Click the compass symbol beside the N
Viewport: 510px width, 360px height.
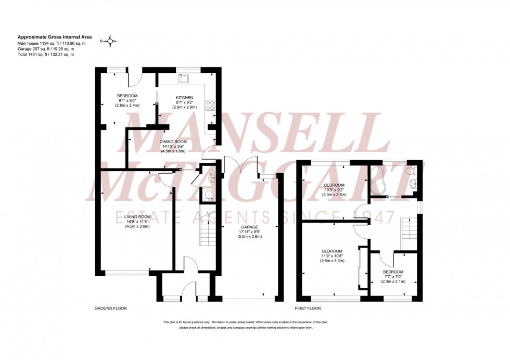(x=111, y=40)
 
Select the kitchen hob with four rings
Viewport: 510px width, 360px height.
(x=211, y=105)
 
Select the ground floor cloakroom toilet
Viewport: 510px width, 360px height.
(x=208, y=195)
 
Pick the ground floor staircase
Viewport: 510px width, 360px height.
(x=207, y=229)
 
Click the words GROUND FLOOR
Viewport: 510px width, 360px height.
(x=110, y=308)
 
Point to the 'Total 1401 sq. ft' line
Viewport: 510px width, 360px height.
(x=46, y=54)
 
